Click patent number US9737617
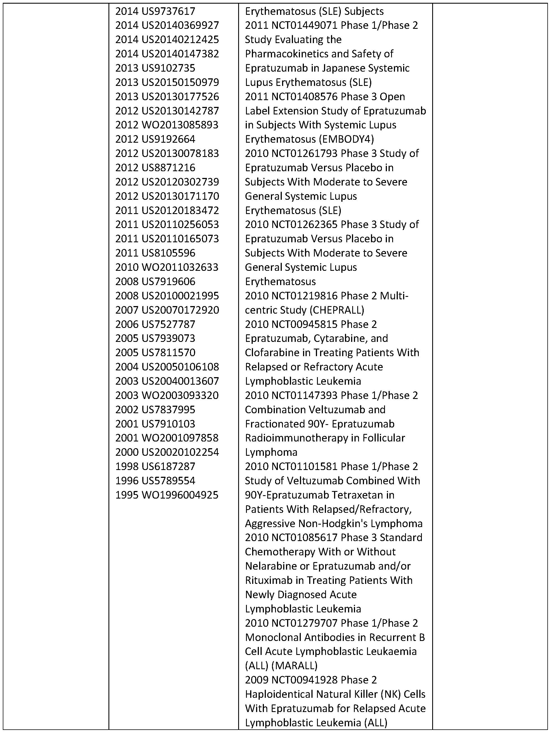coord(168,11)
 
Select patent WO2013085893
coord(180,125)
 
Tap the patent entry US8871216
coord(168,168)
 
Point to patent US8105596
coord(168,253)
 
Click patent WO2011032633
coord(180,267)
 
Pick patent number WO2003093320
coord(180,395)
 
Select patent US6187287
coord(168,467)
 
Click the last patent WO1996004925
coord(180,495)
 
